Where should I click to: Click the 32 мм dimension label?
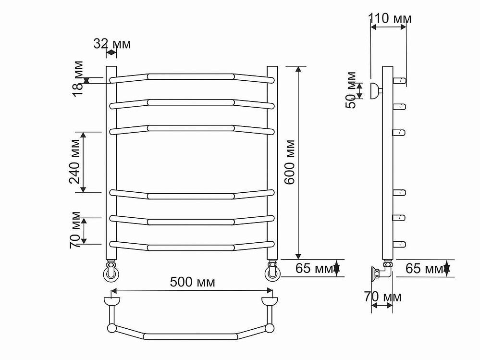pos(112,44)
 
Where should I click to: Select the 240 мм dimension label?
pos(74,161)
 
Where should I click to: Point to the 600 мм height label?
pos(289,162)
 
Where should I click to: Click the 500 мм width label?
pos(192,282)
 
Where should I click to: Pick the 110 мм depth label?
pos(390,18)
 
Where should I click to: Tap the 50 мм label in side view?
pos(351,90)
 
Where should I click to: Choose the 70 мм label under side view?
pos(382,297)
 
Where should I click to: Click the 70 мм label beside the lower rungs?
pos(75,230)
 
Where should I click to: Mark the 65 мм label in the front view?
pos(314,269)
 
